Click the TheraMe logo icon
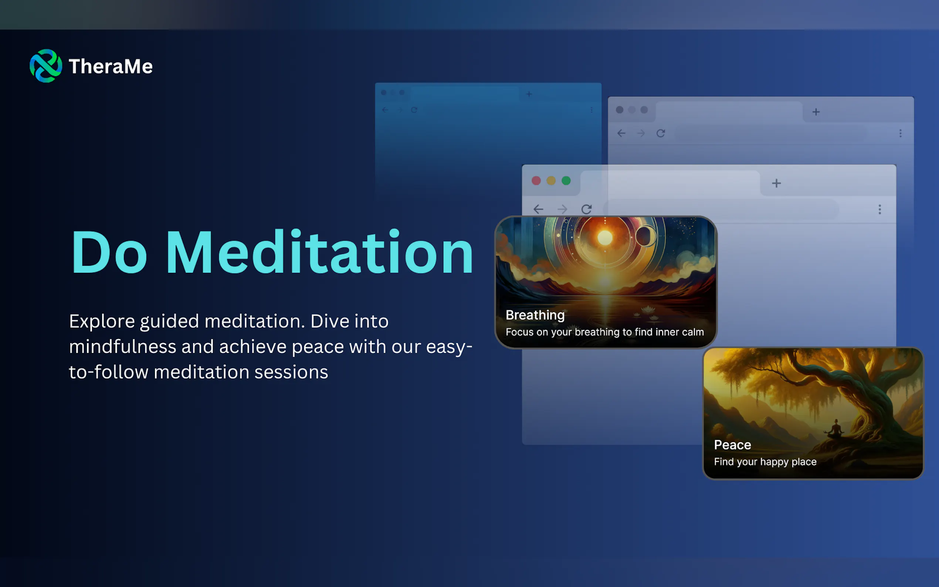pos(46,65)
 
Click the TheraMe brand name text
pos(111,67)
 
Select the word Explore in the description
pos(102,322)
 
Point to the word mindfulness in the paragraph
pos(123,346)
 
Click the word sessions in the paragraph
pos(291,372)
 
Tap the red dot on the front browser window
pos(536,180)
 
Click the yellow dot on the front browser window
pos(551,180)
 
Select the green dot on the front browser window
pos(566,180)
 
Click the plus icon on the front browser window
pos(776,183)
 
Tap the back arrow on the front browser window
pos(538,209)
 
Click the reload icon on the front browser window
pos(587,209)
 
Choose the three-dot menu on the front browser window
pos(879,210)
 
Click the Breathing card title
pos(535,315)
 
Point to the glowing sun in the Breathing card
pos(605,237)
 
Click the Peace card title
pos(732,445)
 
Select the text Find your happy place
pos(765,462)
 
